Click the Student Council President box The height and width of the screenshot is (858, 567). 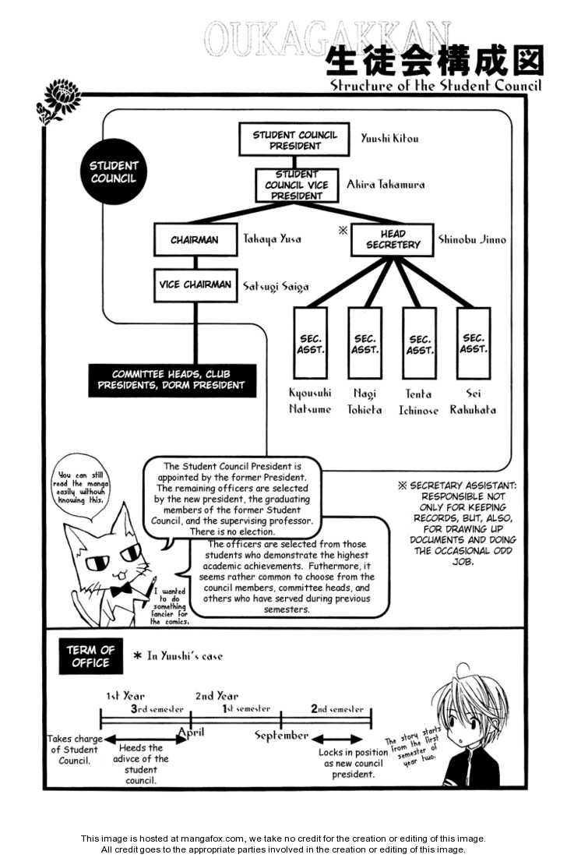294,140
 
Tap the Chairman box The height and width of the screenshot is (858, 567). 195,240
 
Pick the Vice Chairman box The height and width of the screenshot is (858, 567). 195,285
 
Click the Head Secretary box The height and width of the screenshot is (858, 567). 391,239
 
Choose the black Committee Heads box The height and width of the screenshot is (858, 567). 171,380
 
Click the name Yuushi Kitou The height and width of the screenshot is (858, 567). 389,139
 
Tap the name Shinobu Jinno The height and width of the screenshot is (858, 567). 472,240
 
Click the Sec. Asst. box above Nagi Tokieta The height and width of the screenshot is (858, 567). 365,344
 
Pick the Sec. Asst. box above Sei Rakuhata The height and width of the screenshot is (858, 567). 474,344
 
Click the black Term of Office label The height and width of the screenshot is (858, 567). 90,656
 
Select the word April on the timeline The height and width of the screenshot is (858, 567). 192,732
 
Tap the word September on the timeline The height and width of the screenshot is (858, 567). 282,735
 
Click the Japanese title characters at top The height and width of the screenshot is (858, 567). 432,60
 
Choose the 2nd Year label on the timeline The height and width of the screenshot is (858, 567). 217,696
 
